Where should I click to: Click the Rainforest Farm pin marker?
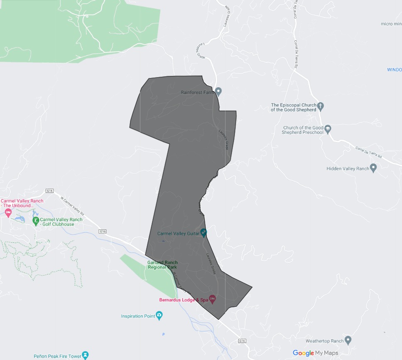coord(218,91)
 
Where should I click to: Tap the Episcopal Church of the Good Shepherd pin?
coord(320,106)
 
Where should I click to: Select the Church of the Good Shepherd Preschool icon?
coord(328,129)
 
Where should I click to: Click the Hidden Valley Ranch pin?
coord(373,168)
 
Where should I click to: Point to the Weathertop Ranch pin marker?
coord(348,340)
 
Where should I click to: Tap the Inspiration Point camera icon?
coord(159,315)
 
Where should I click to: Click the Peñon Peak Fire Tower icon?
coord(85,355)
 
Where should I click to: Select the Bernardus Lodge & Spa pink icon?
coord(212,299)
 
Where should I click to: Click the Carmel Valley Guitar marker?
coord(203,232)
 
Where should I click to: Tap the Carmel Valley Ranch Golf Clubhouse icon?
coord(36,220)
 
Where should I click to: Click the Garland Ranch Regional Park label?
coord(162,265)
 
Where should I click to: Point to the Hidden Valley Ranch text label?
coord(348,168)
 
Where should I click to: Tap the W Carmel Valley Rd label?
coord(72,205)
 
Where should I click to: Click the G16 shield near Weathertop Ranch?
coord(243,341)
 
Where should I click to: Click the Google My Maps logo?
coord(315,353)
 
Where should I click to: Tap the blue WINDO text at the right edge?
coord(394,70)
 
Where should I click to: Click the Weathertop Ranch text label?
coord(324,341)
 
